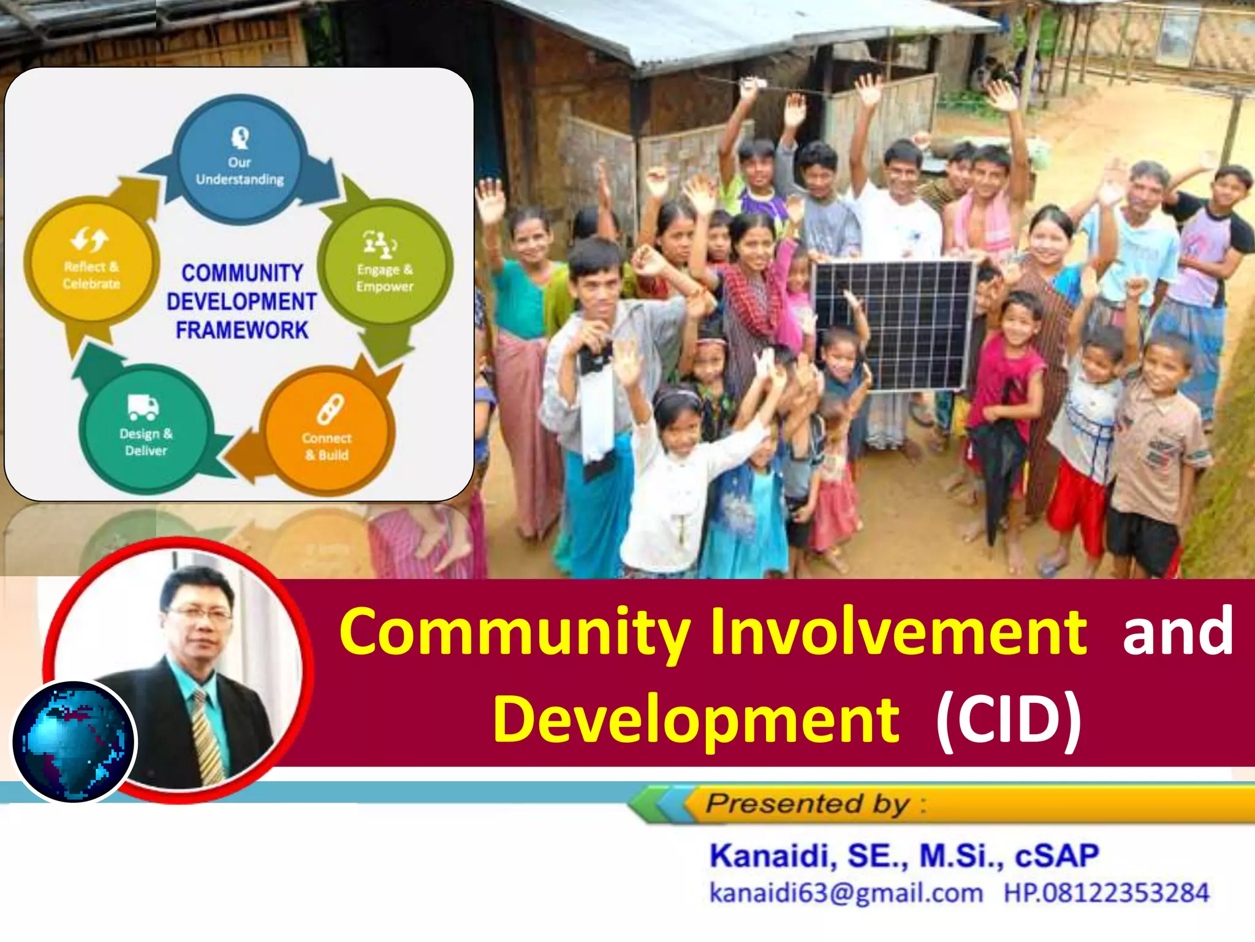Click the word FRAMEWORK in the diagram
click(x=242, y=331)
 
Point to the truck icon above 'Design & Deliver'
click(x=143, y=407)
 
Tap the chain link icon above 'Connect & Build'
click(x=330, y=410)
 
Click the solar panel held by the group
click(x=893, y=325)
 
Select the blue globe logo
click(x=74, y=741)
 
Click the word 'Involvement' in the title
click(x=898, y=632)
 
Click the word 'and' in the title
click(x=1177, y=632)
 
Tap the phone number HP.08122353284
click(x=1106, y=893)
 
